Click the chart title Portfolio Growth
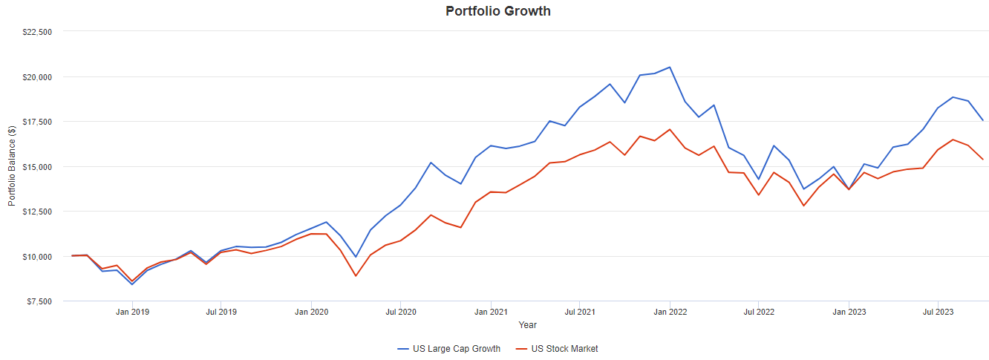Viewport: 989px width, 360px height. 498,11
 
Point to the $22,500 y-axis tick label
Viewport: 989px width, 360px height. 37,32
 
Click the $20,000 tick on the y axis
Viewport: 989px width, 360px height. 37,77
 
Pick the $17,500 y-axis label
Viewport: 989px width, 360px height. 37,122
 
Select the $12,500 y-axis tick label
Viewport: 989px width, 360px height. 37,212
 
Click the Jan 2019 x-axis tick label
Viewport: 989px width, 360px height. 133,312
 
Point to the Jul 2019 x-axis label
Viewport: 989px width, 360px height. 221,312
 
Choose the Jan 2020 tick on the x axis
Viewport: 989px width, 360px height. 312,312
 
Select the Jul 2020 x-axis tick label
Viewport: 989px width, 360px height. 401,312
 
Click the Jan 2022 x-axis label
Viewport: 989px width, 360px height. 670,312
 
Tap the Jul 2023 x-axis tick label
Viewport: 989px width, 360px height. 938,312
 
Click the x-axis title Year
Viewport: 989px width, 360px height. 528,325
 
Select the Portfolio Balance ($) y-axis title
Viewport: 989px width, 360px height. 12,166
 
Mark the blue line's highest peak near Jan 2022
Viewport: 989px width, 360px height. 670,67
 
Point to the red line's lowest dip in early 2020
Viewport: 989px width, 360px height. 356,276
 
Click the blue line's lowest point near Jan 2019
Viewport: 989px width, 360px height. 132,284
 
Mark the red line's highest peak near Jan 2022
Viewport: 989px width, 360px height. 670,129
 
